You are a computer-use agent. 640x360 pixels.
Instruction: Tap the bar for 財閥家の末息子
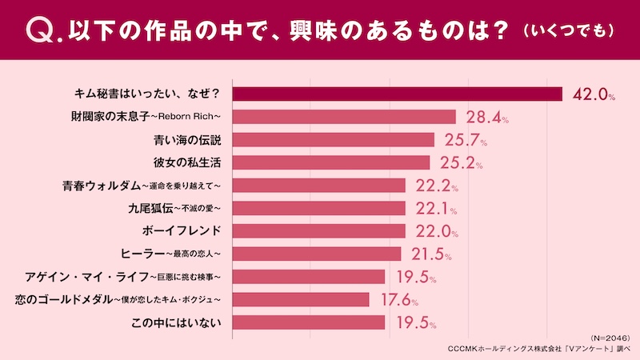[343, 117]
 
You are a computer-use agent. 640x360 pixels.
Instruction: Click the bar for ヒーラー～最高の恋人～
[316, 254]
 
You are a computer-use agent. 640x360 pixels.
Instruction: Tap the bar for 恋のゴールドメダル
[301, 299]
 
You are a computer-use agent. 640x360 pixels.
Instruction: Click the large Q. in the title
[40, 30]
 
